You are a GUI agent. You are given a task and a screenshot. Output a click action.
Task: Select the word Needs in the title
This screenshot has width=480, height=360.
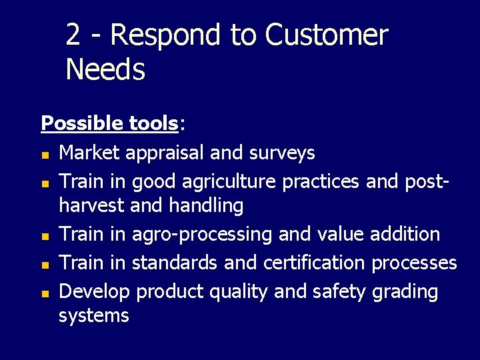[x=105, y=69]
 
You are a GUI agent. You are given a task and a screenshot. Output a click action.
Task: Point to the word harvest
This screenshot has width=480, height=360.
[x=93, y=206]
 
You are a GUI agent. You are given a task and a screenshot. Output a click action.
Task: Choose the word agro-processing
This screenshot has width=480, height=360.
[x=202, y=235]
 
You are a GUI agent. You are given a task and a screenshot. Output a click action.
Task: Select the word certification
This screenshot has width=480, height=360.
[x=315, y=263]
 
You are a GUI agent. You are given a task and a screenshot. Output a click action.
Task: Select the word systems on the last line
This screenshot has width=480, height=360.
[x=93, y=315]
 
